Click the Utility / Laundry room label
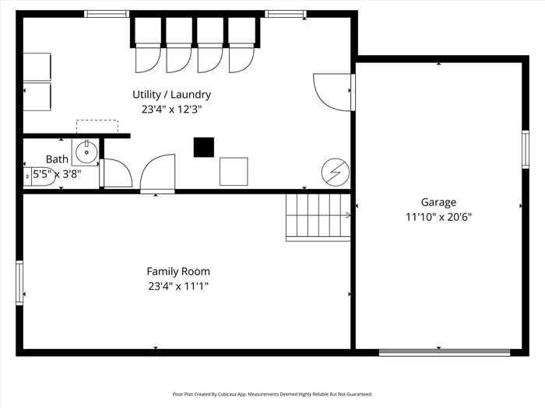(172, 94)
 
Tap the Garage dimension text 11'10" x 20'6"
(438, 217)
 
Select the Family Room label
(178, 271)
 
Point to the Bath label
(57, 159)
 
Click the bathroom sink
(86, 152)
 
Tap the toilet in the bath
(40, 176)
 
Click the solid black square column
(204, 147)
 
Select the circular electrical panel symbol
(336, 172)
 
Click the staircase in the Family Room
(318, 217)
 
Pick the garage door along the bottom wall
(445, 353)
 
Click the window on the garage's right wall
(526, 149)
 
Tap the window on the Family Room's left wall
(19, 283)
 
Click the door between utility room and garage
(334, 92)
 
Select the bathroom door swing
(116, 173)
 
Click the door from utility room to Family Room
(157, 173)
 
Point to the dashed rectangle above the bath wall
(97, 126)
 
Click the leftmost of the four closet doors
(148, 58)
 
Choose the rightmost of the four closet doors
(241, 58)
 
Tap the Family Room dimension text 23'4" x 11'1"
(178, 287)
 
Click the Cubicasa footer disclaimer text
(272, 394)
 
